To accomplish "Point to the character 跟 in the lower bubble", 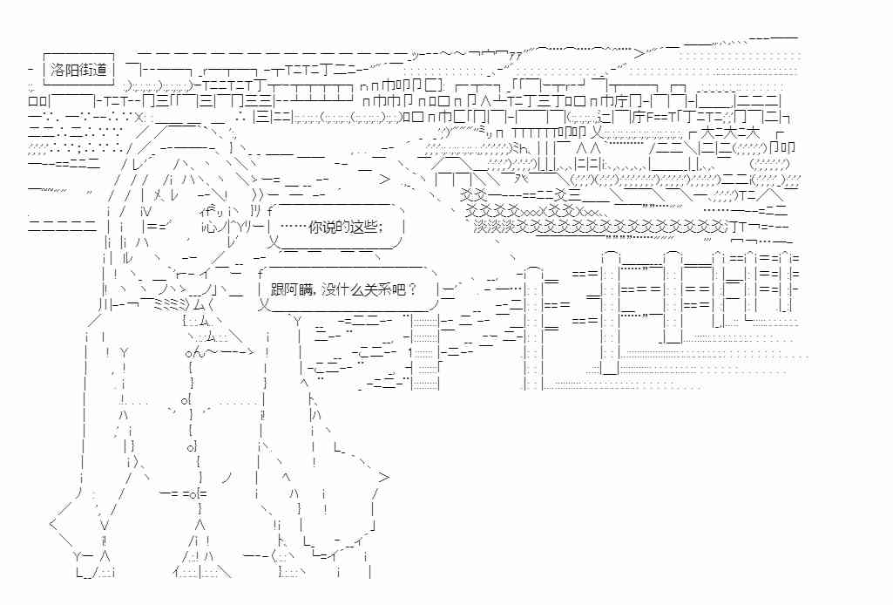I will pyautogui.click(x=279, y=288).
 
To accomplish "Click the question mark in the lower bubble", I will pyautogui.click(x=413, y=288).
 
